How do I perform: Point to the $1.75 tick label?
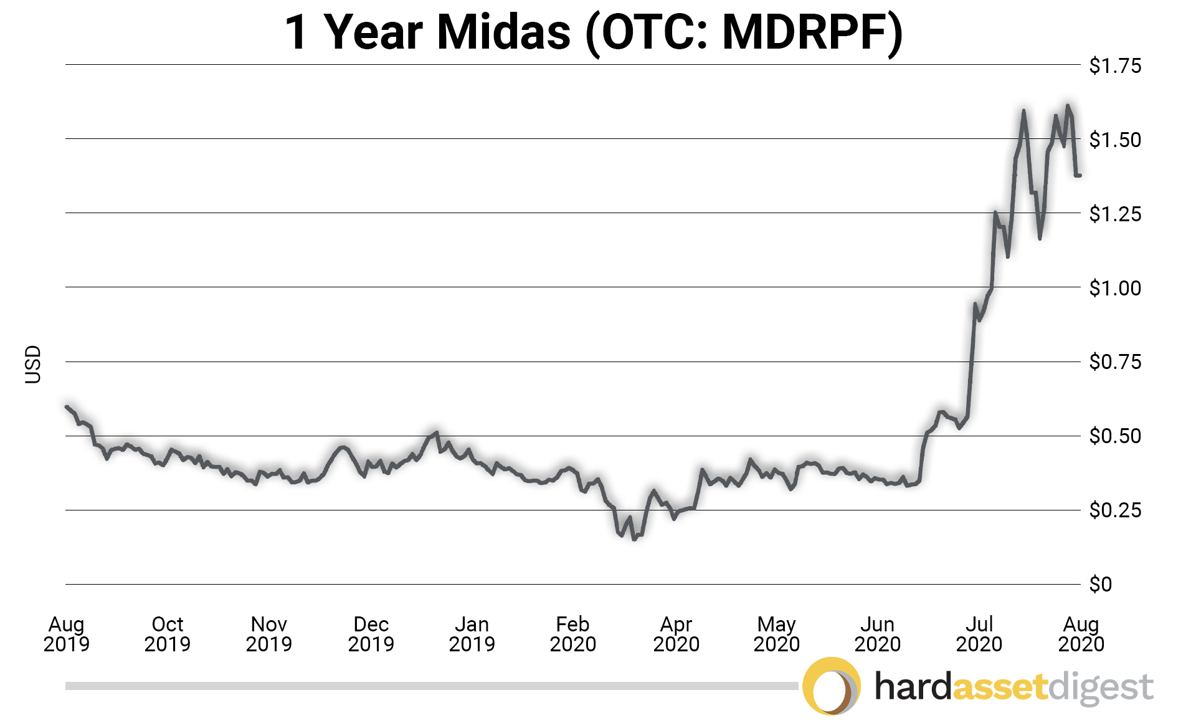1114,65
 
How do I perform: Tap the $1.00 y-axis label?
1114,288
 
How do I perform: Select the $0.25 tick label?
1114,510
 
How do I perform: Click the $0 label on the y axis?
1100,584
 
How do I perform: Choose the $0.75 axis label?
1114,362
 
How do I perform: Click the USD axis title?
32,364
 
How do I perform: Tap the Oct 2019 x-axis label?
167,633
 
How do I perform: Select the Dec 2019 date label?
371,633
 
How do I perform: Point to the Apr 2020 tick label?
676,633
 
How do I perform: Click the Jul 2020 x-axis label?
979,633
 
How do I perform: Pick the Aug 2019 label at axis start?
66,633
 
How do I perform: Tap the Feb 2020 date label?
572,633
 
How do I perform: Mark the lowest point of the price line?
634,539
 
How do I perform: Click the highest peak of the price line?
1068,105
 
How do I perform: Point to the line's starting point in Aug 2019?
67,406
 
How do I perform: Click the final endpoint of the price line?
1080,175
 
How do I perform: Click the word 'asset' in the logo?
1000,687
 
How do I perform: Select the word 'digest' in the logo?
1101,688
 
